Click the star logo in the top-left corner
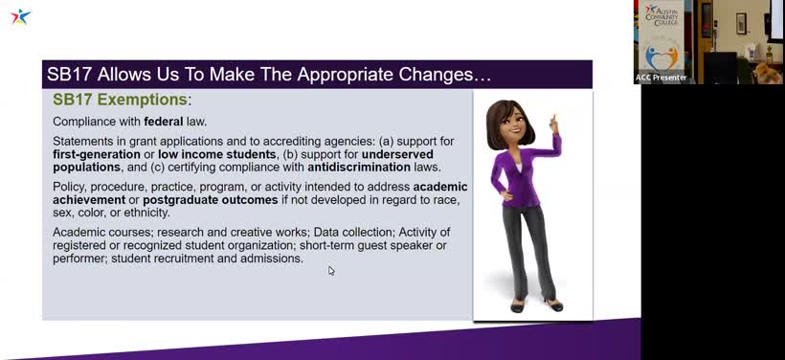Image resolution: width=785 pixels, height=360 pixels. click(x=20, y=16)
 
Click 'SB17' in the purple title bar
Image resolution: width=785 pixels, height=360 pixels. click(x=68, y=75)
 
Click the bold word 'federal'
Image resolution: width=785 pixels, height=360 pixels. click(x=164, y=122)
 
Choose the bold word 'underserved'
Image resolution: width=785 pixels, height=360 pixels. click(x=396, y=154)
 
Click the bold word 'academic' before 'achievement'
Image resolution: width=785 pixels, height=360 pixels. click(x=440, y=187)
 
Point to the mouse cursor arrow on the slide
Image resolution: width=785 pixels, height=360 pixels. click(x=331, y=271)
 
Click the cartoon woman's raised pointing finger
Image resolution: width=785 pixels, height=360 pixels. click(x=552, y=120)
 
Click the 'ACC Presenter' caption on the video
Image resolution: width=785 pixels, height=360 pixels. click(x=662, y=78)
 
